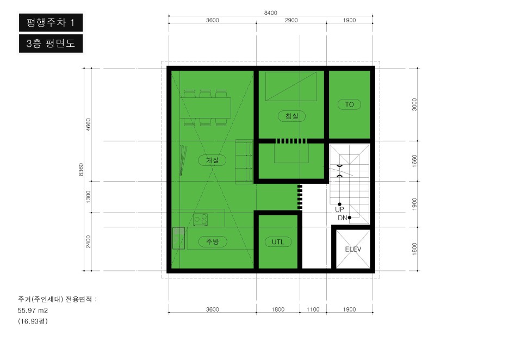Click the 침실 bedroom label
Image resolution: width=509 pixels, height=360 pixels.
click(291, 116)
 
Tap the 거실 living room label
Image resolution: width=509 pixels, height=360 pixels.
click(212, 160)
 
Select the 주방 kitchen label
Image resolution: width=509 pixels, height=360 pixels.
click(212, 241)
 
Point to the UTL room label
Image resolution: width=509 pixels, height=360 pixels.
click(277, 242)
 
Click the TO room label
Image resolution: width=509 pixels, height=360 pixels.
click(349, 104)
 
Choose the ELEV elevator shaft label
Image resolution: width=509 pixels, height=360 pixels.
click(353, 249)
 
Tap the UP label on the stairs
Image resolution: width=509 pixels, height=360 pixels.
click(339, 209)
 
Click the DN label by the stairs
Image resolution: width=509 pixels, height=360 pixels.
click(343, 218)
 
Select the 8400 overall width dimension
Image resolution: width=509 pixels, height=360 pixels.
click(270, 13)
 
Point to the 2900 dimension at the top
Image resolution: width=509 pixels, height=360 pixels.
click(291, 20)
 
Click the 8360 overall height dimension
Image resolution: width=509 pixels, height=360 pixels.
click(81, 170)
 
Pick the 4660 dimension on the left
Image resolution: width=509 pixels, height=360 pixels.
click(88, 125)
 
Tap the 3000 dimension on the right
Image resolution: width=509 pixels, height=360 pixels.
click(414, 104)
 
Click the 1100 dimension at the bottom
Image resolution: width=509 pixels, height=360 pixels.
click(313, 309)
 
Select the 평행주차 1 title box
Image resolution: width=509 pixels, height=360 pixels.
click(51, 22)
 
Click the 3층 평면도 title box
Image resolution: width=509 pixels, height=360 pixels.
click(51, 44)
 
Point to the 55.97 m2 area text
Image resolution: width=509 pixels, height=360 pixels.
click(33, 311)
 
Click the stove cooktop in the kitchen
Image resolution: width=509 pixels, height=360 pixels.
click(200, 220)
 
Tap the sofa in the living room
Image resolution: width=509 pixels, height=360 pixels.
click(244, 162)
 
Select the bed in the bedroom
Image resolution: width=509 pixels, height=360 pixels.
click(291, 86)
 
